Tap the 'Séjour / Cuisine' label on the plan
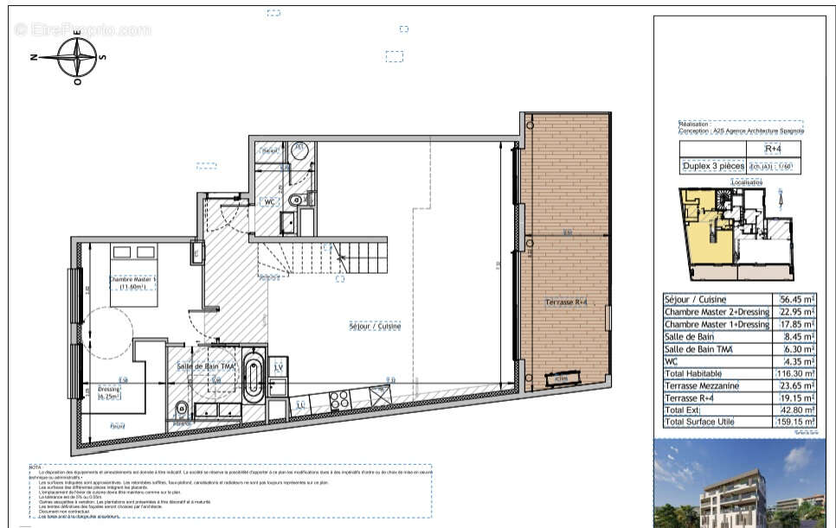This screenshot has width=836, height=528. point(375,327)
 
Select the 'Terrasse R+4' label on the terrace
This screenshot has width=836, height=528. point(566,302)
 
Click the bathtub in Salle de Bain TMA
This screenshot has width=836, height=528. point(253,376)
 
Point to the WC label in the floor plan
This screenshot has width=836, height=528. point(269,201)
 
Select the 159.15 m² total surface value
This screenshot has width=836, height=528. point(794,422)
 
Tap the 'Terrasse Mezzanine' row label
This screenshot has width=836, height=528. point(701,385)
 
